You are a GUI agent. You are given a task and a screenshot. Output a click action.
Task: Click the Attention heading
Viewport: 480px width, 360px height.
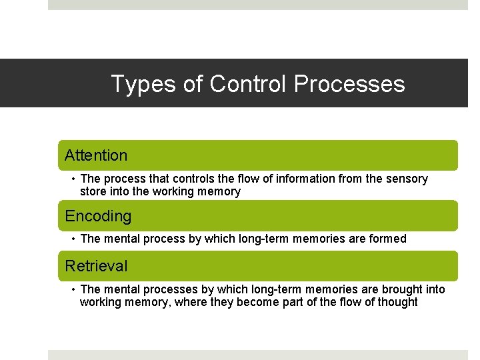click(x=96, y=155)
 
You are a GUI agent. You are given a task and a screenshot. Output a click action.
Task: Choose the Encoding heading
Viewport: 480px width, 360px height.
click(x=98, y=216)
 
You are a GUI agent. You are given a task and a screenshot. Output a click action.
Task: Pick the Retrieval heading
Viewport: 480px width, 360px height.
click(x=96, y=266)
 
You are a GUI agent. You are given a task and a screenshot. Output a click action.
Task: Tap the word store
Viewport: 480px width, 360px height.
click(x=93, y=191)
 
